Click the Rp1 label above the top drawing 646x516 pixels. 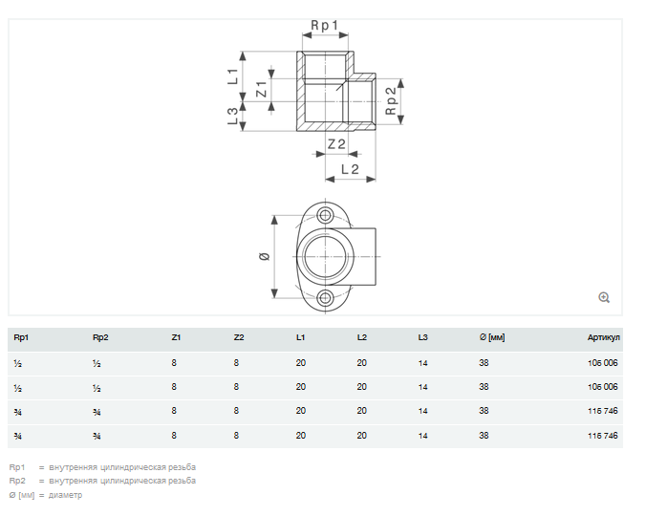pyautogui.click(x=325, y=26)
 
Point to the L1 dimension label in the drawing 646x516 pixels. pyautogui.click(x=232, y=75)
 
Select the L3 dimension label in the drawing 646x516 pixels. pyautogui.click(x=232, y=117)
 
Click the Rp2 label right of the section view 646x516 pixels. pyautogui.click(x=391, y=100)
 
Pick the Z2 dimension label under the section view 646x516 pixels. pyautogui.click(x=335, y=144)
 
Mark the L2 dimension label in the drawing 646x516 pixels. pyautogui.click(x=349, y=169)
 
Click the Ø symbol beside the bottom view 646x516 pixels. pyautogui.click(x=264, y=256)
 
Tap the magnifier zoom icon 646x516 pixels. pyautogui.click(x=604, y=297)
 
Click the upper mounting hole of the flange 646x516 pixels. pyautogui.click(x=327, y=215)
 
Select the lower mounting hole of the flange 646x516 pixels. pyautogui.click(x=327, y=298)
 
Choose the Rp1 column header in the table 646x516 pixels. pyautogui.click(x=21, y=337)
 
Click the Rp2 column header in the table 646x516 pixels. pyautogui.click(x=100, y=337)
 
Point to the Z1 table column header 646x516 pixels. pyautogui.click(x=176, y=337)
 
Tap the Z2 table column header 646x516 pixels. pyautogui.click(x=239, y=337)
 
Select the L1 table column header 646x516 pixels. pyautogui.click(x=301, y=337)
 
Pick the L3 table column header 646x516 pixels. pyautogui.click(x=423, y=337)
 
